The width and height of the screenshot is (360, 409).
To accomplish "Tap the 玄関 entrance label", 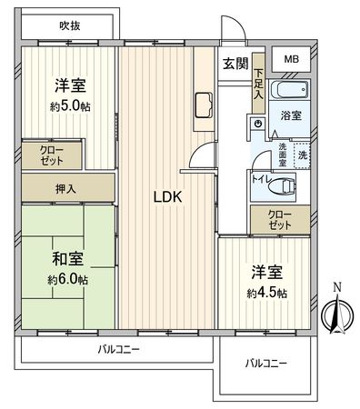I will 235,63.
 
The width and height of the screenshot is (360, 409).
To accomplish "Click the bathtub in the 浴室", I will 290,92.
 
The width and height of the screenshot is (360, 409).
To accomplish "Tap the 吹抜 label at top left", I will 70,25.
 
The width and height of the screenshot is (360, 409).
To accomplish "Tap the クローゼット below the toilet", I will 280,218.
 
